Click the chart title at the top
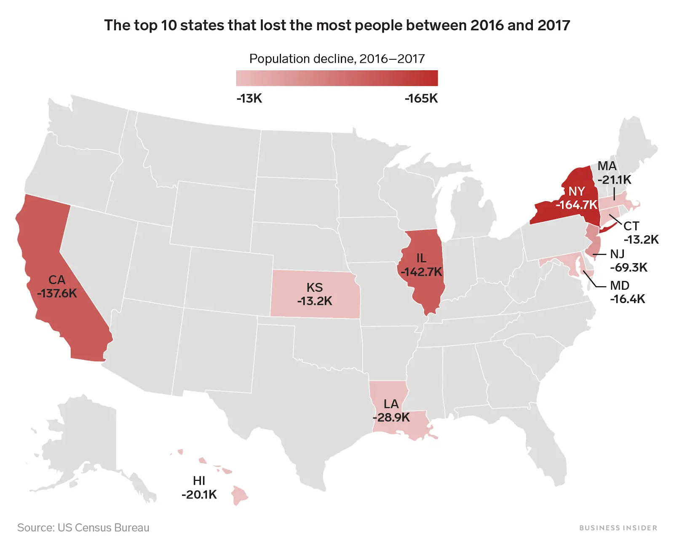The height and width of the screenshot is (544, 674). click(337, 25)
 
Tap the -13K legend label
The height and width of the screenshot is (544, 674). click(249, 99)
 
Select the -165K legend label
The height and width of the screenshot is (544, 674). click(421, 99)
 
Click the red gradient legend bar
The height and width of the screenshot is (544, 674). click(337, 78)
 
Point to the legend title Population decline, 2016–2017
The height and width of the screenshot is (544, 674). click(337, 59)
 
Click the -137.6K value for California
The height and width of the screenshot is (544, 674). click(57, 293)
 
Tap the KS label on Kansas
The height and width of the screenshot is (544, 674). click(315, 287)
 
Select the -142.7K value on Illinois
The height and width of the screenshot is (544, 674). click(421, 272)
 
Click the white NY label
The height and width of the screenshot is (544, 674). click(576, 192)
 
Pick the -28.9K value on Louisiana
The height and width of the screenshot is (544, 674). click(391, 418)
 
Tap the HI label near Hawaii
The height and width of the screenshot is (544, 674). click(199, 480)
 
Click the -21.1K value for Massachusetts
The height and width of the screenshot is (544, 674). click(614, 180)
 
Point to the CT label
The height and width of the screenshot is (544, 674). click(631, 226)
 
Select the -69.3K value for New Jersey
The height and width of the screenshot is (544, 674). click(629, 267)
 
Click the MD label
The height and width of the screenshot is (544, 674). click(619, 285)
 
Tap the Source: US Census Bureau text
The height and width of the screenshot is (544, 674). click(83, 528)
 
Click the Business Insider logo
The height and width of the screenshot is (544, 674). click(618, 528)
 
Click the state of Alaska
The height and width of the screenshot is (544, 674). click(84, 442)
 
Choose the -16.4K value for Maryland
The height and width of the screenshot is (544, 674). click(627, 299)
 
